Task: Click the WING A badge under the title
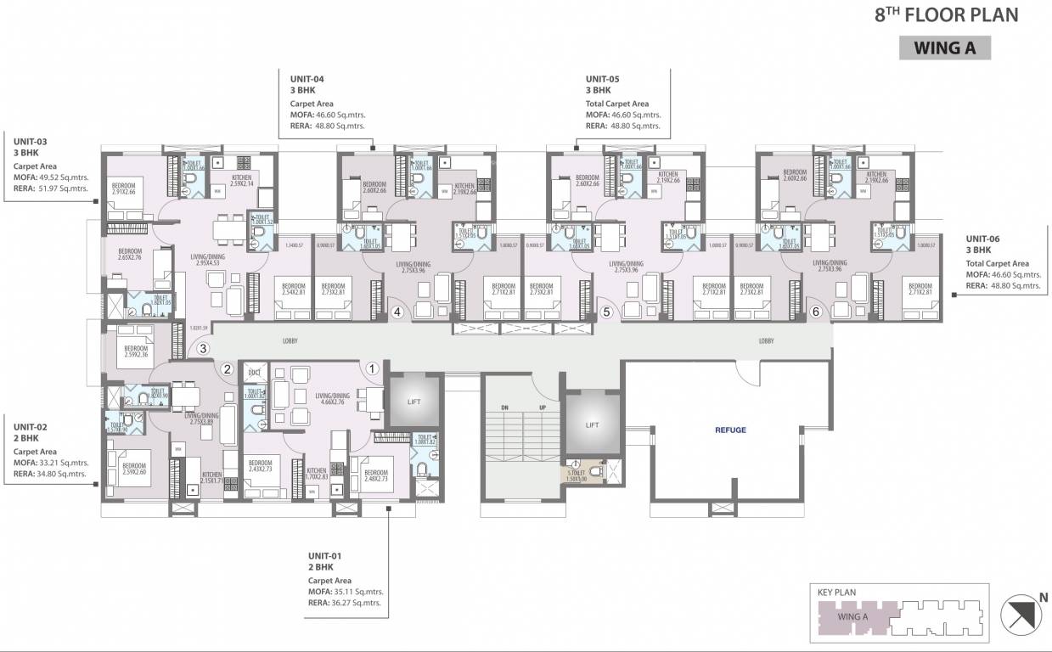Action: pos(944,48)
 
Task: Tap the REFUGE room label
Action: pos(730,430)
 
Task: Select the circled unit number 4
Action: pos(397,312)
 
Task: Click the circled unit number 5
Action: pos(606,312)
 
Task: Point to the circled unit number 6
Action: pos(816,312)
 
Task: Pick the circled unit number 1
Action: pos(372,368)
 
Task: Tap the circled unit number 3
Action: pos(202,347)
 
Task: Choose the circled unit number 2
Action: pos(227,368)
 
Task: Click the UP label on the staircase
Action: pos(542,407)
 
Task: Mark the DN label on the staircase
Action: pos(504,407)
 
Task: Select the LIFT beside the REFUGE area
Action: pos(592,424)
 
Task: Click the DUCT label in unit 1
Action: pos(254,372)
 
